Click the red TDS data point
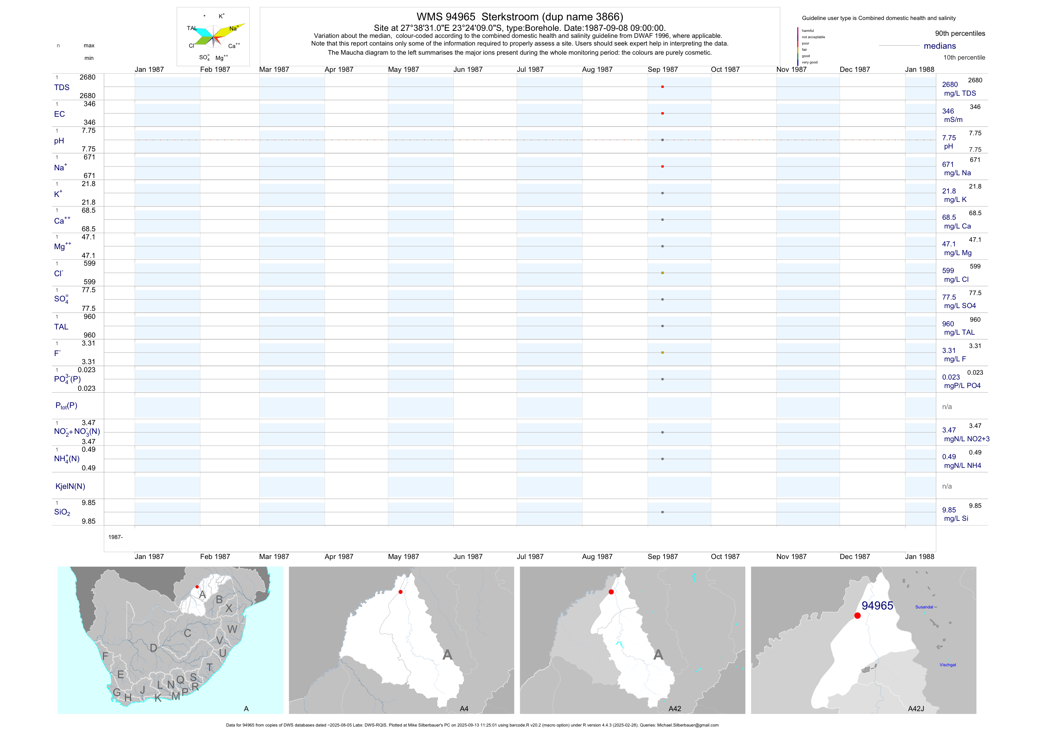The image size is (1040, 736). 662,87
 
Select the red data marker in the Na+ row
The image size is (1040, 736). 662,166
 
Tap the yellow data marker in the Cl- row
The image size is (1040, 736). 662,273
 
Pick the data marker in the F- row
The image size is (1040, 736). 662,353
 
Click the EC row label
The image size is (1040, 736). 59,114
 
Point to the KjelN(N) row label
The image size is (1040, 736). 70,486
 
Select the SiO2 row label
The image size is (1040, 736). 62,512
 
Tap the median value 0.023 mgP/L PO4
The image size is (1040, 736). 961,381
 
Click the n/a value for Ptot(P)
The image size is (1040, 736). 947,407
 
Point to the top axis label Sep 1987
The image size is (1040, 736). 663,69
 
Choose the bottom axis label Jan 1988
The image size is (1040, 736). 920,557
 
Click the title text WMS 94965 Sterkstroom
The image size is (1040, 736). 519,17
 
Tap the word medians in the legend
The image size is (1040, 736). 939,46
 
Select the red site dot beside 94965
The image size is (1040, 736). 858,615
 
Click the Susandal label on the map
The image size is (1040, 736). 924,607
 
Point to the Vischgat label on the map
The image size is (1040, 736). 948,665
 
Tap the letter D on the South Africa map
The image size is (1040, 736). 153,648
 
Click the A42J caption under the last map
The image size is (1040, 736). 916,709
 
